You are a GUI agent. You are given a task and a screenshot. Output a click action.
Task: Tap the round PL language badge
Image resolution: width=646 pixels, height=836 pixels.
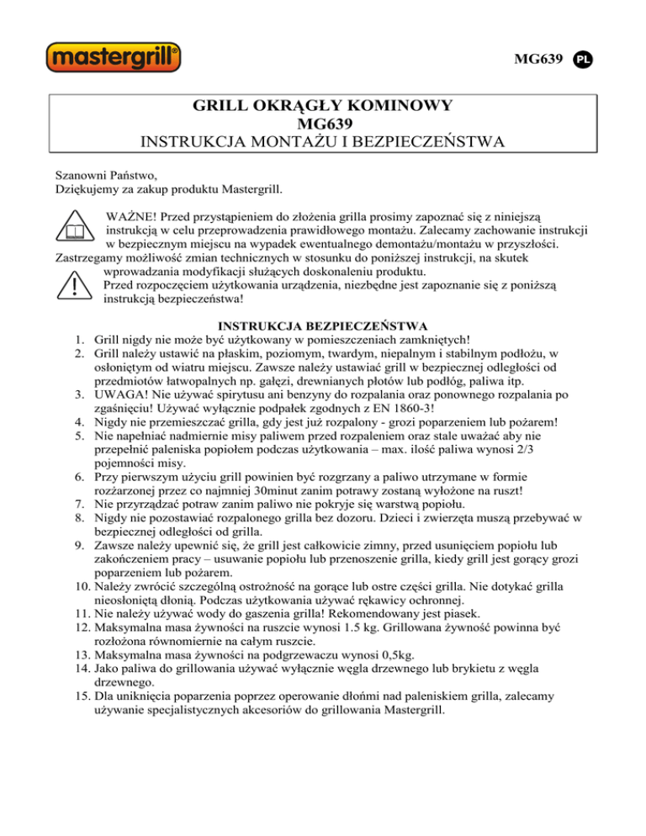[585, 61]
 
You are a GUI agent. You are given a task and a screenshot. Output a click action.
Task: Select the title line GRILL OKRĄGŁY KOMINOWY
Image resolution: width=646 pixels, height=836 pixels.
[323, 106]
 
